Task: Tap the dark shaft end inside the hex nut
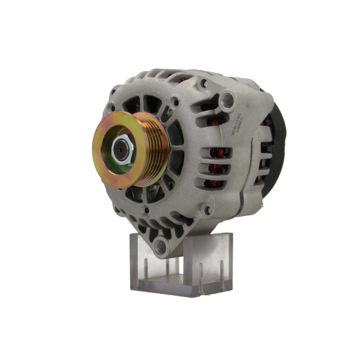pyautogui.click(x=121, y=150)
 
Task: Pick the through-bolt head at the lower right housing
pyautogui.click(x=207, y=210)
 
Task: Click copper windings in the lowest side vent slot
pyautogui.click(x=214, y=182)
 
